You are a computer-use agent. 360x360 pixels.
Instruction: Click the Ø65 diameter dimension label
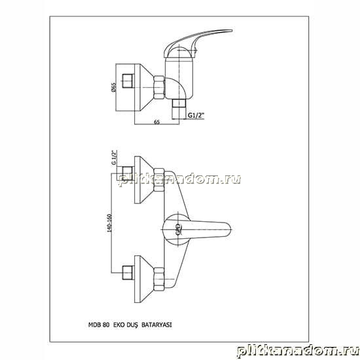click(114, 88)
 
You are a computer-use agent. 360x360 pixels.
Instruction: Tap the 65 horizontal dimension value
click(157, 122)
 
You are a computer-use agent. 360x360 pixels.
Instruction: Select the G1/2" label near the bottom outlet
click(196, 115)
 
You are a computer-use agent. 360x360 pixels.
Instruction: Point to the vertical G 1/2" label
click(114, 158)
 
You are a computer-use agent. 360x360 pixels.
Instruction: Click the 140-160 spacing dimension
click(109, 223)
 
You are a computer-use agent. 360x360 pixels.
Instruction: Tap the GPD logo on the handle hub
click(177, 229)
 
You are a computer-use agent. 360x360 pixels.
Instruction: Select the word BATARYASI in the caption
click(156, 325)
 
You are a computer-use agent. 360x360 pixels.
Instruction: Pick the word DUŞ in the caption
click(132, 325)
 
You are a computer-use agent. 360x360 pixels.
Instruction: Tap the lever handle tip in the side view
click(227, 31)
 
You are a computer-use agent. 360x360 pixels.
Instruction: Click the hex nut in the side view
click(159, 88)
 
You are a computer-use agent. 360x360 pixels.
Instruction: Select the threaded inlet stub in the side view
click(128, 81)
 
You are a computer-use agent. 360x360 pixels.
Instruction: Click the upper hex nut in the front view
click(159, 180)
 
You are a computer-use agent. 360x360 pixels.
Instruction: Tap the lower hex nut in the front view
click(159, 279)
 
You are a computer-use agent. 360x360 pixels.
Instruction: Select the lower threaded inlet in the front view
click(128, 273)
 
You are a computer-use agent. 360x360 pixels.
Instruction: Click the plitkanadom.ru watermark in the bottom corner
click(298, 350)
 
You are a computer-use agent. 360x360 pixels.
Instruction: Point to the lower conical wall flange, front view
click(144, 279)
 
